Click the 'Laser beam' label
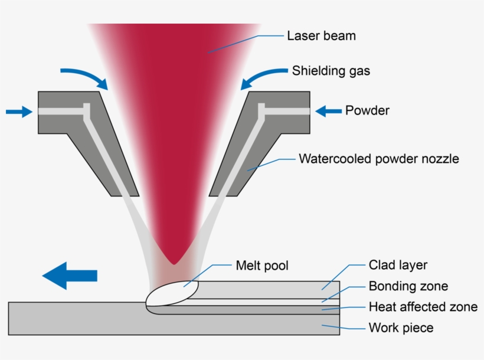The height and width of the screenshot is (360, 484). point(321,36)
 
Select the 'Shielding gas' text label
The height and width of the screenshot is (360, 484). point(331,71)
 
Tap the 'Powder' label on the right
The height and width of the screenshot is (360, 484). point(367,110)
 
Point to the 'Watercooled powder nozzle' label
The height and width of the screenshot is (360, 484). point(378,159)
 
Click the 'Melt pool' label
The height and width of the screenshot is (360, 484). point(262,266)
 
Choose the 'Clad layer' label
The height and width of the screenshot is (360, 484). point(398,265)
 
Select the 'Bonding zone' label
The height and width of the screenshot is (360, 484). point(408,287)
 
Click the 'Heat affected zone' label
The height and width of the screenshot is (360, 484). point(423,307)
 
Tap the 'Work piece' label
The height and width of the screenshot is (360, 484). point(401,328)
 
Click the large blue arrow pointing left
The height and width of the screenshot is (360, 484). point(70,276)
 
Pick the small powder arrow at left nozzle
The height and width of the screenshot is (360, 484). point(18,111)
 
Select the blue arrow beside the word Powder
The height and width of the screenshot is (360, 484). point(328,110)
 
